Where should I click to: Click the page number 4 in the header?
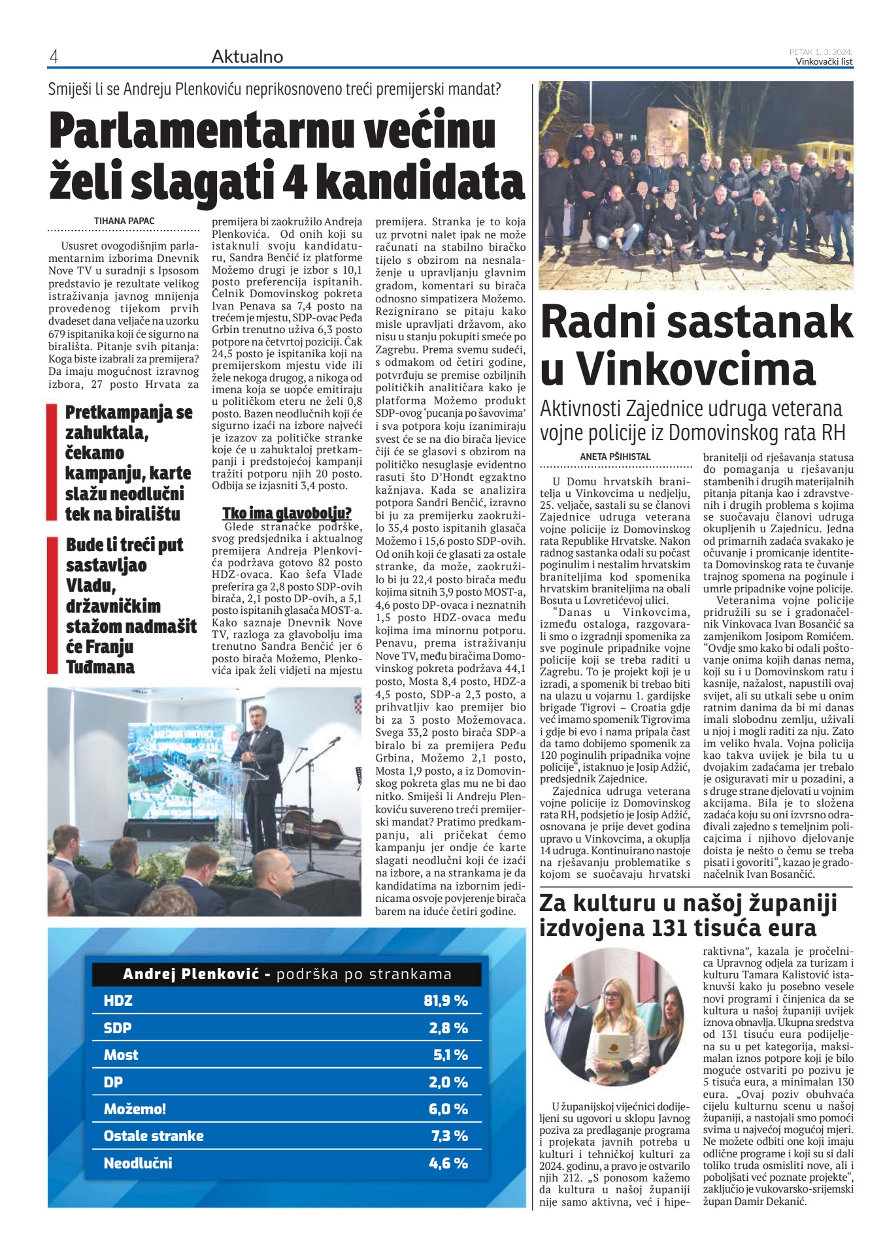tap(54, 57)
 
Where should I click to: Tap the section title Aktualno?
tap(247, 57)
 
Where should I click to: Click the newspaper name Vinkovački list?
tap(824, 62)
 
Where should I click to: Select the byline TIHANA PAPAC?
tap(124, 221)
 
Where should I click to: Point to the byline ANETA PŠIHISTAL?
tap(615, 457)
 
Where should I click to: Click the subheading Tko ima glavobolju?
tap(286, 513)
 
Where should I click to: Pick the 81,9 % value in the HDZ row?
tap(445, 1001)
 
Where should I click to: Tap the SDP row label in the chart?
tap(118, 1028)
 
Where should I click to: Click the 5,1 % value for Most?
tap(450, 1055)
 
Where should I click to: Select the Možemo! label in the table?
tap(135, 1109)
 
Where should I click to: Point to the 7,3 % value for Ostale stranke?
tap(449, 1136)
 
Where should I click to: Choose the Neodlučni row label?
tap(138, 1163)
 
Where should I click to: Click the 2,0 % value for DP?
tap(448, 1082)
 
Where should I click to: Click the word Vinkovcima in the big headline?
tap(696, 368)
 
